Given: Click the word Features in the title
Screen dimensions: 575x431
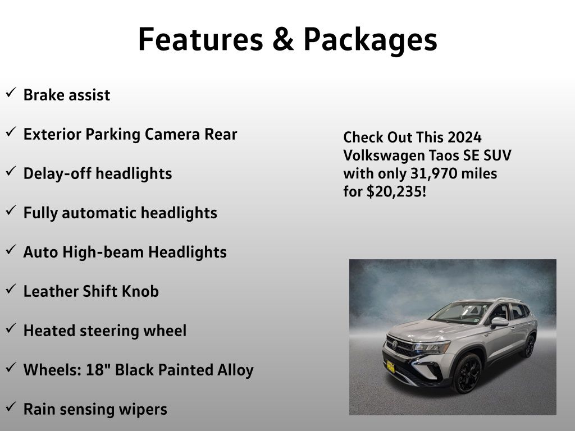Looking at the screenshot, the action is click(200, 39).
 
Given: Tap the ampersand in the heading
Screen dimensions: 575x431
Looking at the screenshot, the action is click(283, 39).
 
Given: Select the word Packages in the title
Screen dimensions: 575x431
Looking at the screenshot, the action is click(371, 41).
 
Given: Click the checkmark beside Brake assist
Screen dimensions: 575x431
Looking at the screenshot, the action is click(11, 93).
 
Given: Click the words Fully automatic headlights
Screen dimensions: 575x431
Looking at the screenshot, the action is click(120, 213).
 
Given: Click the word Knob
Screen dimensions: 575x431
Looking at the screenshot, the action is click(140, 291).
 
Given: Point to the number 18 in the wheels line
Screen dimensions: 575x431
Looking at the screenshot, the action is click(94, 370).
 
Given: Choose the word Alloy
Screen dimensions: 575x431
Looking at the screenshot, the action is click(235, 370).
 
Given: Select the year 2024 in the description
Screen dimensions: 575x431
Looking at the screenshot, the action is click(464, 137).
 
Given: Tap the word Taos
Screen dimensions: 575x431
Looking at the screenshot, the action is click(444, 155).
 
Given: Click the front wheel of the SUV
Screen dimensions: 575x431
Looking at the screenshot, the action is click(468, 373).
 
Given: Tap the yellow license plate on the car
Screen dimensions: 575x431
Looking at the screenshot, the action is click(391, 367).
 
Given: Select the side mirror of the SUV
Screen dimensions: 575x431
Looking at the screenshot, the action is click(499, 322).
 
